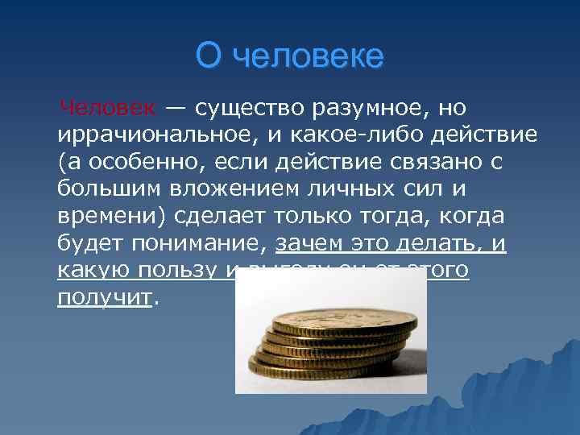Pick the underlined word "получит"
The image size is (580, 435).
click(x=104, y=299)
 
